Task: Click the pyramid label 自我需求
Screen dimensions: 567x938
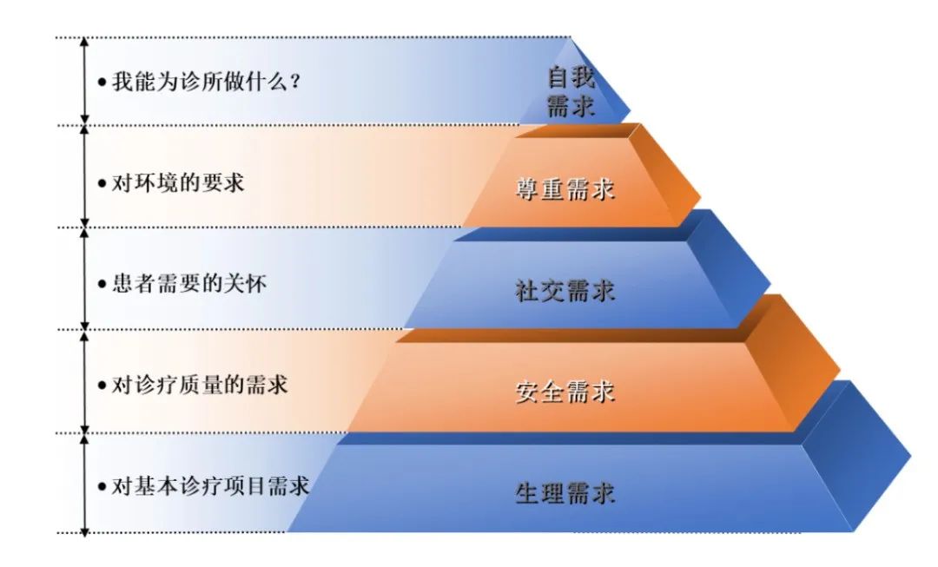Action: (x=571, y=92)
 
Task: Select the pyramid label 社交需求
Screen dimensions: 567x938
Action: (x=565, y=291)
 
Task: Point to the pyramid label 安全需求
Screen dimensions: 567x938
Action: (x=565, y=392)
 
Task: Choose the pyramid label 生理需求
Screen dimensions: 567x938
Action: (x=565, y=493)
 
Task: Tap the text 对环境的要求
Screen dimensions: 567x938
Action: (x=178, y=184)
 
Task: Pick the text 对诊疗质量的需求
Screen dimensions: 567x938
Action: (x=200, y=384)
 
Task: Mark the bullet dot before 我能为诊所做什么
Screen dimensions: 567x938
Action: (x=102, y=84)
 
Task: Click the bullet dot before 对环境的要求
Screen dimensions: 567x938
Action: (x=102, y=185)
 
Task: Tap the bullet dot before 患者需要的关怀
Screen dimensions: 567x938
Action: (x=102, y=286)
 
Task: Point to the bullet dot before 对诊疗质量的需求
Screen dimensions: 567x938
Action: (x=102, y=386)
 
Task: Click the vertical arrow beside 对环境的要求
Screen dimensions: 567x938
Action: (x=84, y=176)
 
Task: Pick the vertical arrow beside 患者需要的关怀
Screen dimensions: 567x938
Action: (x=84, y=278)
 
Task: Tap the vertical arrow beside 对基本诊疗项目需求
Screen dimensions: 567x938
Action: (x=84, y=484)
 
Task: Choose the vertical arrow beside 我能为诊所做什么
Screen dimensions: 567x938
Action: (x=84, y=80)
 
